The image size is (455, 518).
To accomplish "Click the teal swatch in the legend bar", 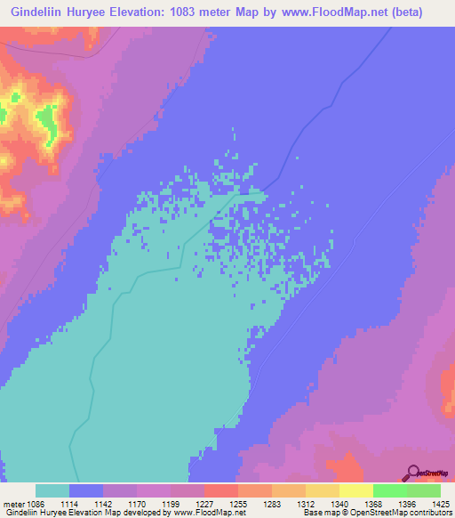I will point(52,490).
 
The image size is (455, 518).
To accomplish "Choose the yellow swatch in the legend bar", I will point(355,490).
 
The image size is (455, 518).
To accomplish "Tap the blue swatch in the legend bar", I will point(86,490).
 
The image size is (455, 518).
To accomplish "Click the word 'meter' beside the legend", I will point(15,505).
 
